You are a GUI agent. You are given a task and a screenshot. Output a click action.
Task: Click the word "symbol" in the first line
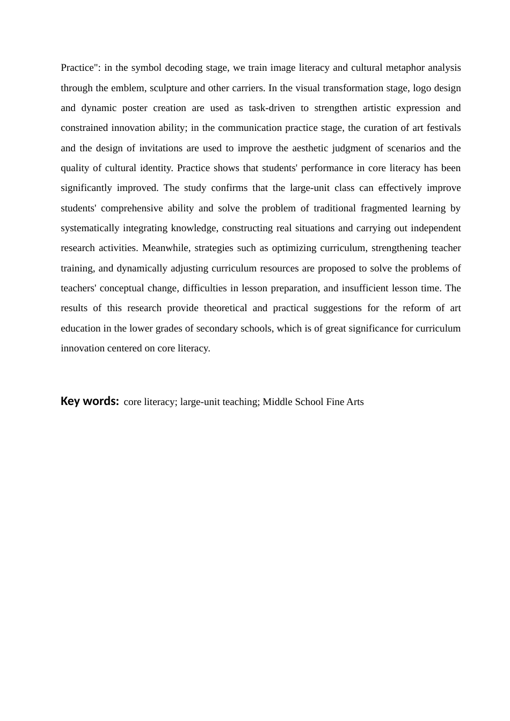tap(146, 68)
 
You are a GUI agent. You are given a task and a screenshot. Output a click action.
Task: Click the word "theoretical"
tap(225, 308)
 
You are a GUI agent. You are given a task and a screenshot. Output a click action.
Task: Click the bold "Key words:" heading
tap(90, 401)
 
